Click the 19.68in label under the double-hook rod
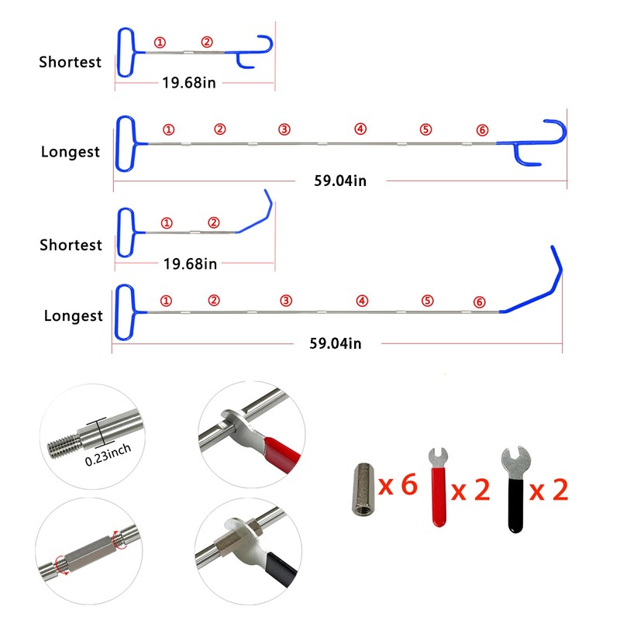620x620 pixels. [x=189, y=82]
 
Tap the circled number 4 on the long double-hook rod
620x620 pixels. [x=360, y=129]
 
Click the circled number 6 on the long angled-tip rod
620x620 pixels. [x=479, y=301]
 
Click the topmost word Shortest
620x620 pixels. [x=71, y=62]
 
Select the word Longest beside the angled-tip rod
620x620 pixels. [x=73, y=316]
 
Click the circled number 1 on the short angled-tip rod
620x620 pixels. [x=164, y=222]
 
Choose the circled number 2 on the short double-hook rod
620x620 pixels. [x=206, y=42]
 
